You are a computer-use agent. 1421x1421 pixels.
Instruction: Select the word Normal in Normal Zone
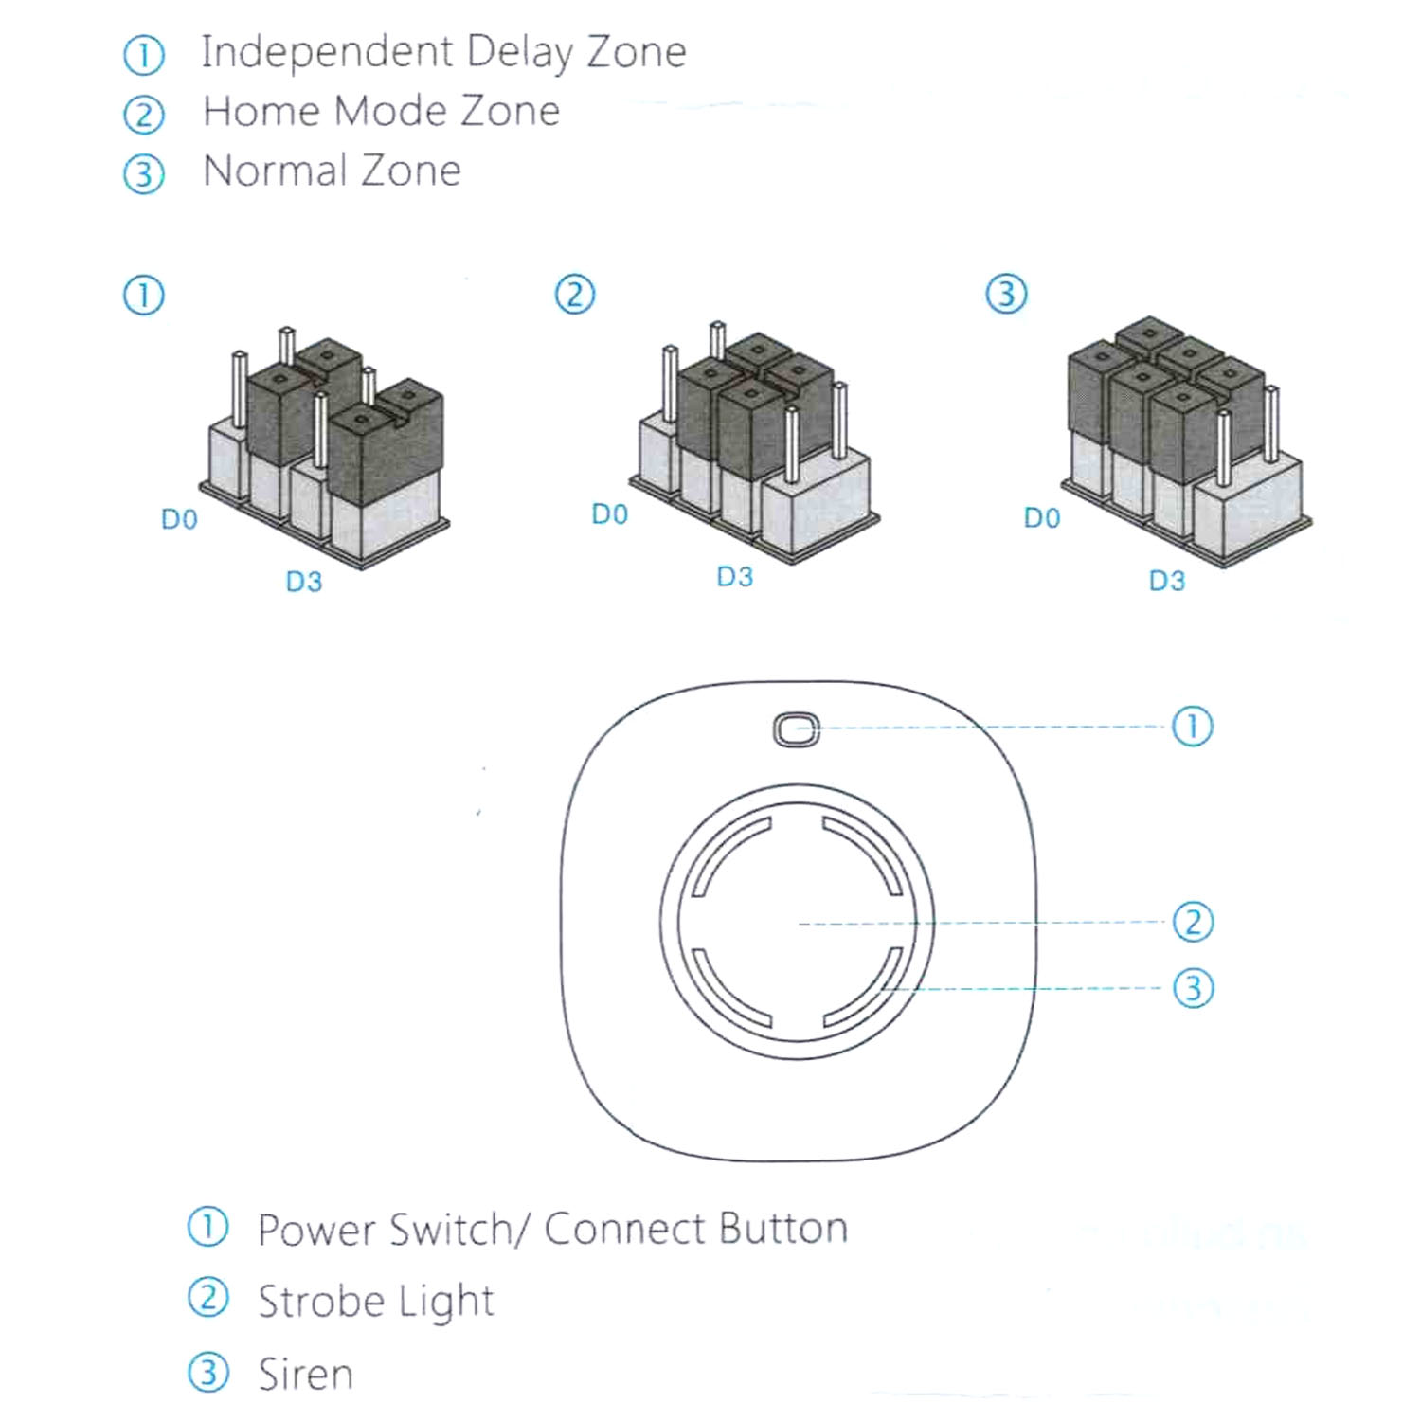pyautogui.click(x=273, y=171)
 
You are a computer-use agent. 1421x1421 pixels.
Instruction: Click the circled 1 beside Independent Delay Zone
pyautogui.click(x=144, y=55)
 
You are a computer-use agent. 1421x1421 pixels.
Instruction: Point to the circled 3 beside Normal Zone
pyautogui.click(x=144, y=174)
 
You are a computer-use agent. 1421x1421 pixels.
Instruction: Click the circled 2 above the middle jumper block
pyautogui.click(x=574, y=295)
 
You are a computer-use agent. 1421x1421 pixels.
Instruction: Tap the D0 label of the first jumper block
pyautogui.click(x=179, y=519)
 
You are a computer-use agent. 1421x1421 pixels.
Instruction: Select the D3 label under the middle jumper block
pyautogui.click(x=734, y=577)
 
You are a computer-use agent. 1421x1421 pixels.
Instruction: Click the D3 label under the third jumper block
pyautogui.click(x=1166, y=581)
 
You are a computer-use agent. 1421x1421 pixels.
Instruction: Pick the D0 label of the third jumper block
pyautogui.click(x=1041, y=518)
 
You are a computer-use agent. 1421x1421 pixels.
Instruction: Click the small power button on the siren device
pyautogui.click(x=797, y=729)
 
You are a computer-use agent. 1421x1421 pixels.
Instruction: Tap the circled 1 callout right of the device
pyautogui.click(x=1192, y=727)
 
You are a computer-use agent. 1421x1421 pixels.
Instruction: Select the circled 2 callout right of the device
pyautogui.click(x=1193, y=922)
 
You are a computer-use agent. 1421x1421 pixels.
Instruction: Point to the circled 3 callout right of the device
pyautogui.click(x=1193, y=988)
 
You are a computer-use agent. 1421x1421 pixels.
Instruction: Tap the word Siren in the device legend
pyautogui.click(x=305, y=1375)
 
